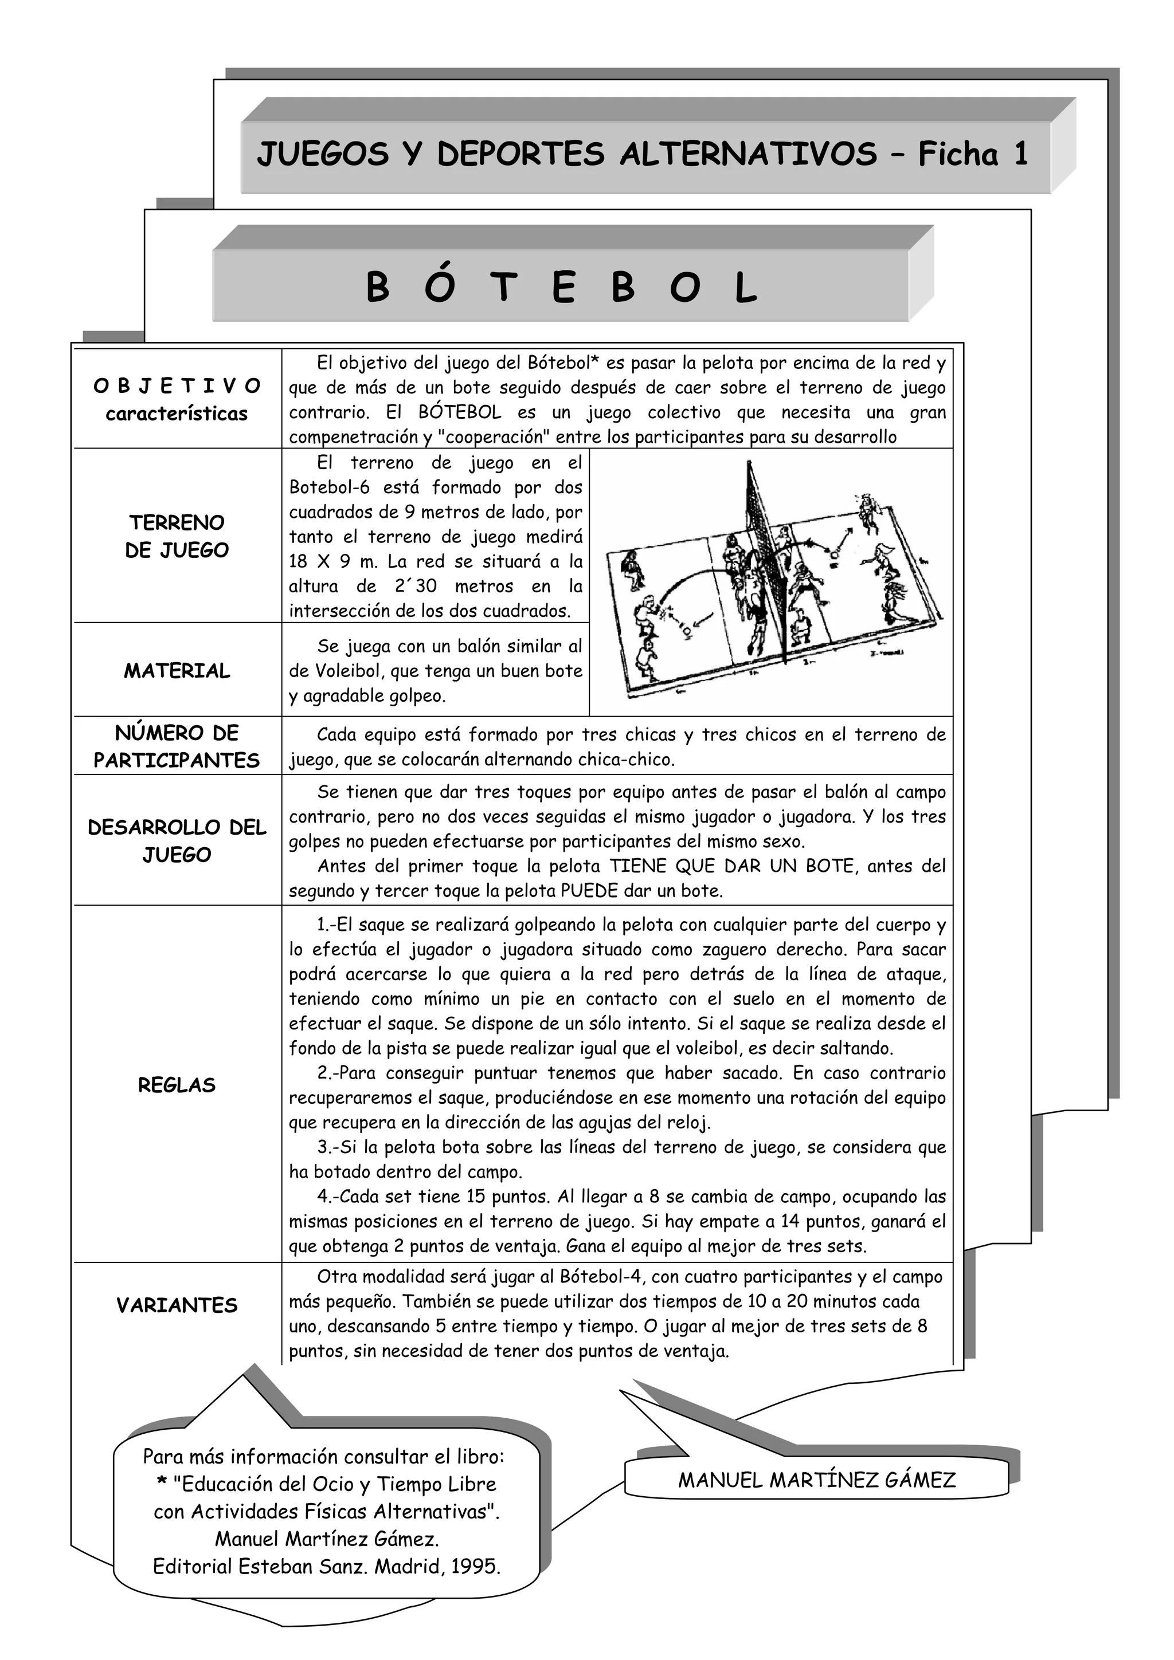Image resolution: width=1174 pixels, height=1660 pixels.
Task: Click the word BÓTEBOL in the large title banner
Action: coord(561,287)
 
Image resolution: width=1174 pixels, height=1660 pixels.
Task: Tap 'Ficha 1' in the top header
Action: coord(973,155)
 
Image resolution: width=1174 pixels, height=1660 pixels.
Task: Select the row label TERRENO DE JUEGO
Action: coord(177,536)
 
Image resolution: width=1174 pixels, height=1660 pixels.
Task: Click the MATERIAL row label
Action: coord(177,671)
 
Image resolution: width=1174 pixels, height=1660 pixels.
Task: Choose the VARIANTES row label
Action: coord(177,1305)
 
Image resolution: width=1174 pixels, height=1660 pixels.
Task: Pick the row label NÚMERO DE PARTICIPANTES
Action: coord(177,746)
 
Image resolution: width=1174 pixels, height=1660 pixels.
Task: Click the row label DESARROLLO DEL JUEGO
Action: coord(177,841)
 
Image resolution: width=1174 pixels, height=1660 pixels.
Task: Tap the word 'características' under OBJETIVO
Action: coord(177,414)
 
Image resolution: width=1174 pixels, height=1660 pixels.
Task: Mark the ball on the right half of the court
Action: coord(835,554)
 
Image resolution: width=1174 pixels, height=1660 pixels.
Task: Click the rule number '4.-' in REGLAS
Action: coord(328,1197)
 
